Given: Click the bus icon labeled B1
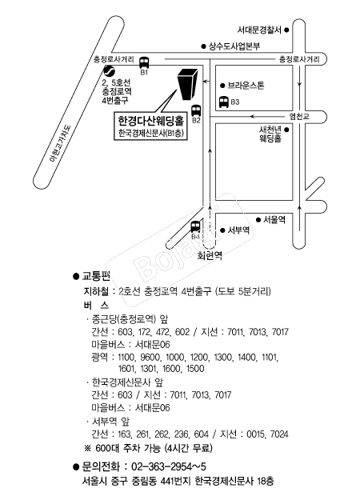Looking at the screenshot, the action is (x=144, y=62).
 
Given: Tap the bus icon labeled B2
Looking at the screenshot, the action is (x=196, y=111).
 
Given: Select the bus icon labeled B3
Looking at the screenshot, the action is (x=223, y=102).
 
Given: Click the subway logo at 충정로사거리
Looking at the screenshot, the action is (x=109, y=70).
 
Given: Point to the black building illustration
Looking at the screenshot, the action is (x=187, y=84).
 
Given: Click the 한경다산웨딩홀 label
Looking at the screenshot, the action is (x=151, y=121).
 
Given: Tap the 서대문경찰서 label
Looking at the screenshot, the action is (x=259, y=30).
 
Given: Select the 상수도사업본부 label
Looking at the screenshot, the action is (x=234, y=46).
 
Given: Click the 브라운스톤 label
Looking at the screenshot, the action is (x=246, y=86).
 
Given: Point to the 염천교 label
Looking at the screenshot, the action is (x=299, y=116).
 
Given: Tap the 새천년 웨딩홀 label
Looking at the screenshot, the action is (x=270, y=134).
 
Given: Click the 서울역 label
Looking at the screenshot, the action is (x=274, y=220).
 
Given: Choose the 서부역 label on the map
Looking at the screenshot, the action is (x=238, y=230).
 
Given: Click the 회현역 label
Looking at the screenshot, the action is (x=210, y=256).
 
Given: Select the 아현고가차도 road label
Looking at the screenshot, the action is (x=62, y=142).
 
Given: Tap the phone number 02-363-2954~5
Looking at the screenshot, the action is (x=169, y=467).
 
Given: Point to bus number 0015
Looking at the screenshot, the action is (x=256, y=434).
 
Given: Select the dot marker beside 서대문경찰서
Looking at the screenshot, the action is (x=286, y=30).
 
